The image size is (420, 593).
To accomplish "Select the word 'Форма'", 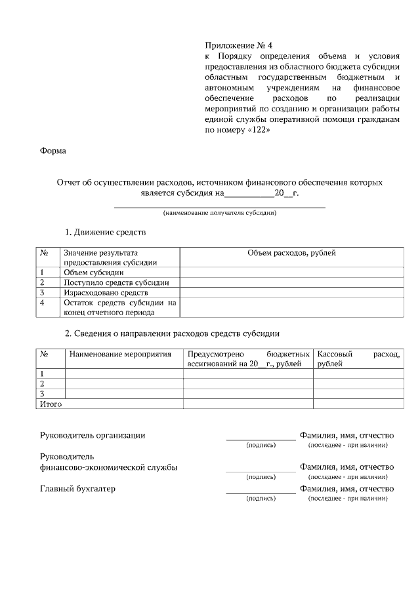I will [53, 151].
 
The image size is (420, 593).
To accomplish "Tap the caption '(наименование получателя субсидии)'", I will [220, 213].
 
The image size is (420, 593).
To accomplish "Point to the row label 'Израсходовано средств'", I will [106, 292].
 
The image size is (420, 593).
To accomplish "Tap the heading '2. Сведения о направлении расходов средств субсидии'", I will [172, 334].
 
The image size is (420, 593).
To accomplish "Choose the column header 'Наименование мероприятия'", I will [119, 354].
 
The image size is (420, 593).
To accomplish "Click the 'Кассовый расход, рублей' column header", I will [358, 358].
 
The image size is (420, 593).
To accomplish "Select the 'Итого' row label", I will [51, 404].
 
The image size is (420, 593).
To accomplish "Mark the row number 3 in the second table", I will [42, 394].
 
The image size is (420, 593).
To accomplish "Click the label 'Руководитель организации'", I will [93, 434].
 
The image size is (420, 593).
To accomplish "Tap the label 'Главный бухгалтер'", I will [77, 488].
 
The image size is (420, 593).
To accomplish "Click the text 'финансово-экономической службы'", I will [108, 467].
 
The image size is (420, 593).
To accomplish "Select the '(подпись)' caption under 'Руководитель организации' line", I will [261, 446].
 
